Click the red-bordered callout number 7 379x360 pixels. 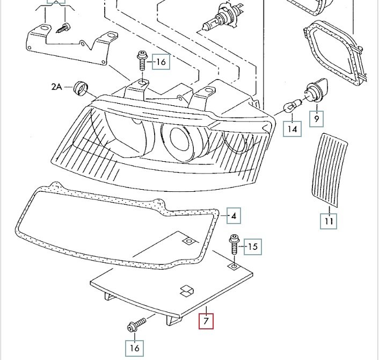[206, 322]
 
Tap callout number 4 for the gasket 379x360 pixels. [234, 216]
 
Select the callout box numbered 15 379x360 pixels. [252, 247]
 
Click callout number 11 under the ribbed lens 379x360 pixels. [329, 221]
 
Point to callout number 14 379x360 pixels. [293, 128]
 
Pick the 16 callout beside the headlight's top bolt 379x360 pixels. [161, 62]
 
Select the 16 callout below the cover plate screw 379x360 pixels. [135, 348]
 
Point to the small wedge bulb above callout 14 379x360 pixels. [290, 110]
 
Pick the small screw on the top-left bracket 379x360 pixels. [65, 26]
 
